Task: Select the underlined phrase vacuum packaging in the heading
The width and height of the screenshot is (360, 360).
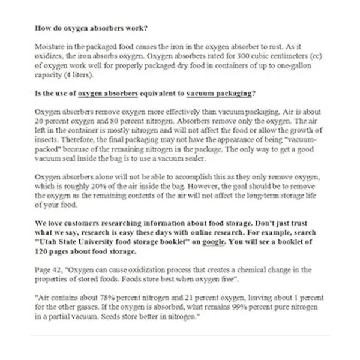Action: pos(220,93)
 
